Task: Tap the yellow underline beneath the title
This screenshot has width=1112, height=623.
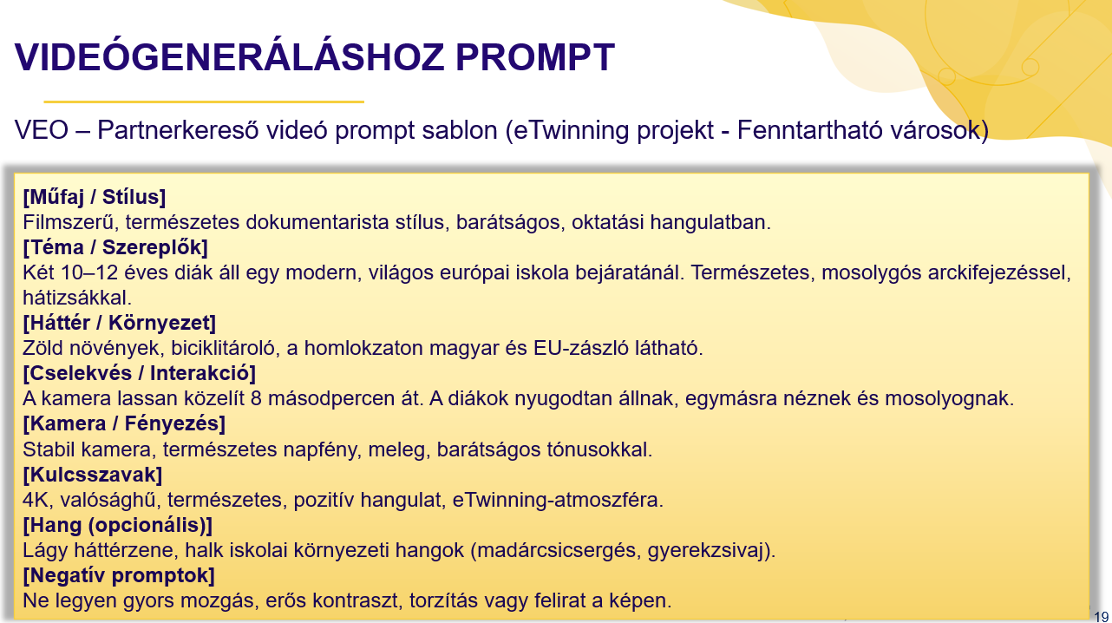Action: pos(203,102)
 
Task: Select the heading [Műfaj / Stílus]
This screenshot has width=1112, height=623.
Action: pos(95,197)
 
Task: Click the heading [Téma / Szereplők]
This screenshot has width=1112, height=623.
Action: pos(115,247)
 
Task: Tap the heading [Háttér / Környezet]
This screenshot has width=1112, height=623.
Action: pos(119,323)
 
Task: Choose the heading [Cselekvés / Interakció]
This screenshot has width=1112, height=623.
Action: pos(139,374)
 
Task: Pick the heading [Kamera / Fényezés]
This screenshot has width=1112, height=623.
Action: pos(124,424)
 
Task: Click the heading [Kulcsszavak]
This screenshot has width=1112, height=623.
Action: pos(93,475)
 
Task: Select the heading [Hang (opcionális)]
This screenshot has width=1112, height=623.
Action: pos(118,525)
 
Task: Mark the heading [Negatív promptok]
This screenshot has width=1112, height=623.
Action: pos(119,575)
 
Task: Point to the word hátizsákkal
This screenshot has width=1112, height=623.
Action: pos(74,298)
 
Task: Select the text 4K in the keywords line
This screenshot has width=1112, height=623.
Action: pos(36,501)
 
